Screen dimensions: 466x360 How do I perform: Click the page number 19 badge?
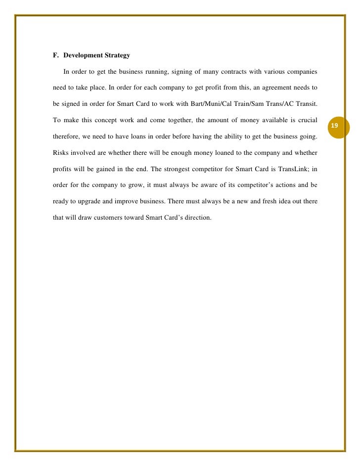pyautogui.click(x=334, y=127)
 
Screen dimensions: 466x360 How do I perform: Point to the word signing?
pyautogui.click(x=185, y=72)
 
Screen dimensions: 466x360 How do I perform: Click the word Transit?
pyautogui.click(x=306, y=104)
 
